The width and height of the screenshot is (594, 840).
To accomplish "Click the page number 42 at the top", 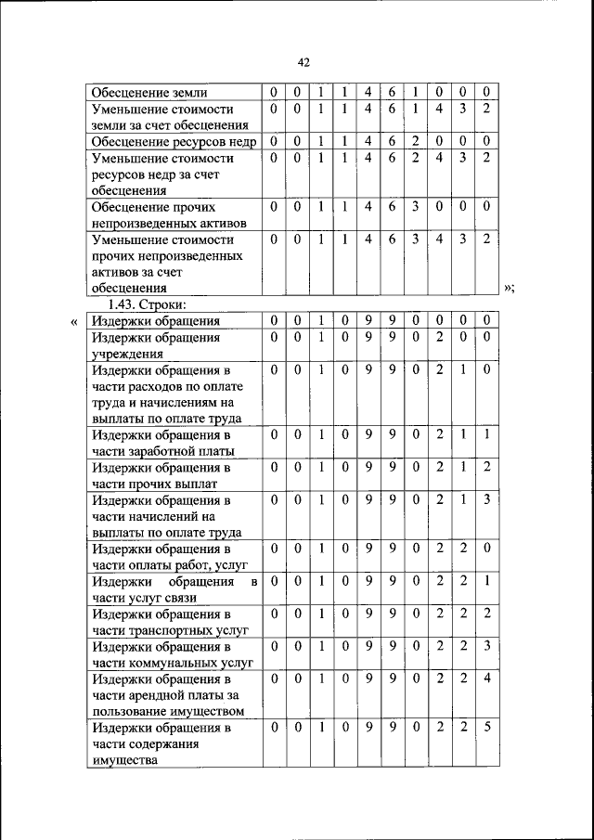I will tap(303, 62).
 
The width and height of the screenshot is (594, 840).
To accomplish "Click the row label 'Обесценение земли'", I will tap(148, 93).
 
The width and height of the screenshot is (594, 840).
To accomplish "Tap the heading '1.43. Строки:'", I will tap(148, 304).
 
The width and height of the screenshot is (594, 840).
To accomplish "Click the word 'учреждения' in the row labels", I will tap(127, 353).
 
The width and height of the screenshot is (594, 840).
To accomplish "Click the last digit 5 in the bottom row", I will tap(486, 728).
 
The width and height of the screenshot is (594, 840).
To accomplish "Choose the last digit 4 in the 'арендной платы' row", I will tap(486, 678).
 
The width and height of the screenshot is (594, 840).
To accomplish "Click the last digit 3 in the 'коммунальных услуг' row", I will tap(486, 646).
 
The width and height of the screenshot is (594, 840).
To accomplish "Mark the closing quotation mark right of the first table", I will tap(508, 289).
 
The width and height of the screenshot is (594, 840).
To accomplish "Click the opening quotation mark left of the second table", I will tap(74, 321).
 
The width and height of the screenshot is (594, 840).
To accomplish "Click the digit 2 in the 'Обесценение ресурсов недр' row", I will tap(415, 141).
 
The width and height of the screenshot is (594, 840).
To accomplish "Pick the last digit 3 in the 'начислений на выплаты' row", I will tap(486, 499).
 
